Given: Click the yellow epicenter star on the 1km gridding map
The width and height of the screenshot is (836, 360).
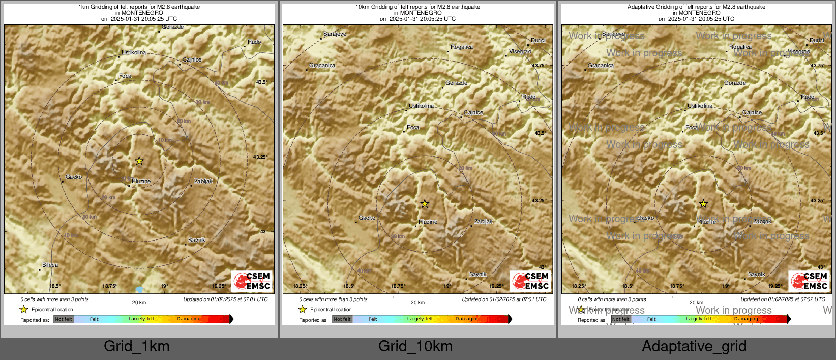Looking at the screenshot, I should (139, 161).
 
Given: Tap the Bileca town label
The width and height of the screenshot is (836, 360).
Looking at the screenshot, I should (50, 265).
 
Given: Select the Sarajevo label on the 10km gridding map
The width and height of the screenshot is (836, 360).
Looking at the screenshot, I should (335, 34).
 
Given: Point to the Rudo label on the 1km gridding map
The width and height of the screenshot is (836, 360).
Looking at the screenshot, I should (254, 42).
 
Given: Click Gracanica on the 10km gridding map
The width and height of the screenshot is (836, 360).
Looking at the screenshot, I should (322, 65).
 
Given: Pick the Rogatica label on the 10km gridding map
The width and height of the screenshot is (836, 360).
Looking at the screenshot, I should (462, 47).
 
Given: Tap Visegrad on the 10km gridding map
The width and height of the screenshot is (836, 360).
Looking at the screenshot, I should (520, 51).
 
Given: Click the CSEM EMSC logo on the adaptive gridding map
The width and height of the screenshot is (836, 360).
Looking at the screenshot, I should (809, 281).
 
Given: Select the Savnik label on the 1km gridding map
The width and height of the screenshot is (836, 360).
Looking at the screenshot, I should (197, 240).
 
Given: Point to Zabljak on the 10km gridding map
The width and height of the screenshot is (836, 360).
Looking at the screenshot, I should (483, 221).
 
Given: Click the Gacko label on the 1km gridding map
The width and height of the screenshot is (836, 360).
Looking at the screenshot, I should (74, 177).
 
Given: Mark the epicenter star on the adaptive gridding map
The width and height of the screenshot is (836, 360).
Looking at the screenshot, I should (703, 204).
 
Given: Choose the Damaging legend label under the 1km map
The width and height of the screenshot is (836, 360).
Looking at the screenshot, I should (189, 319).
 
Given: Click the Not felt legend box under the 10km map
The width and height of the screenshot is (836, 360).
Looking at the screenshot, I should (342, 319).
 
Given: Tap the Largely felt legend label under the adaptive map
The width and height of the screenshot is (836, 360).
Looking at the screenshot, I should (698, 319).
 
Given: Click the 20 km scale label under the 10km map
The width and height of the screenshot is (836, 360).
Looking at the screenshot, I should (417, 302).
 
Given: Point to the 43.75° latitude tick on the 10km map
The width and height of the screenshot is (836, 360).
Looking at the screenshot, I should (539, 66).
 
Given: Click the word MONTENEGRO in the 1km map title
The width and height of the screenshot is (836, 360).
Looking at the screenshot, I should (142, 13).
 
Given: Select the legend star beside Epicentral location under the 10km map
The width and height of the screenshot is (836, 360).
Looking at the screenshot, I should (303, 309).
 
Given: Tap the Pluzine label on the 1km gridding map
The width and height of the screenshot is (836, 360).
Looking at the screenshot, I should (141, 181).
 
